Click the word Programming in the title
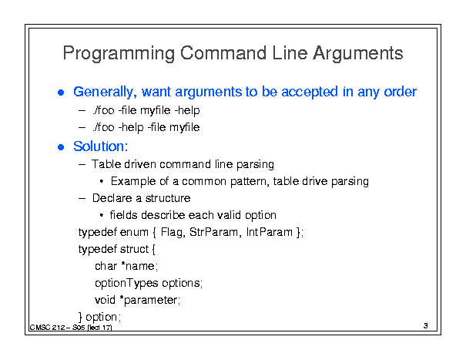[119, 53]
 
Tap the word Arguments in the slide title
[358, 53]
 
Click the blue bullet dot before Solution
[61, 147]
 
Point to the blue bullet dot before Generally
[61, 93]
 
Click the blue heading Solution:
[101, 146]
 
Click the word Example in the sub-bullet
[133, 181]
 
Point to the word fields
[124, 215]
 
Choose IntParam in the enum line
[270, 232]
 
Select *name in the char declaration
[139, 266]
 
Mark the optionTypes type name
[126, 283]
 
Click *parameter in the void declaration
[149, 300]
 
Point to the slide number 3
[426, 326]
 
